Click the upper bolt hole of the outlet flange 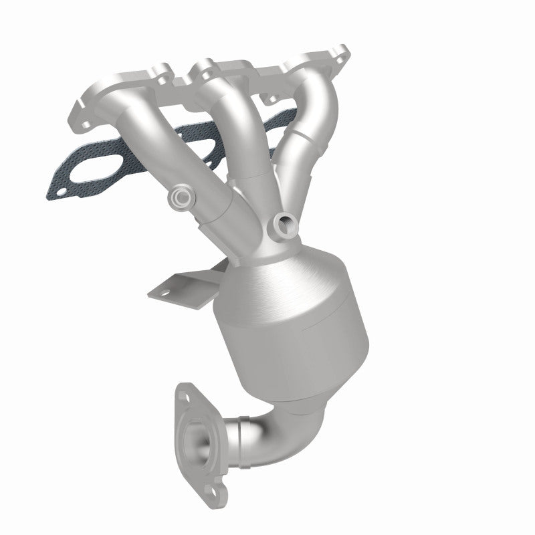pos(185,391)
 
